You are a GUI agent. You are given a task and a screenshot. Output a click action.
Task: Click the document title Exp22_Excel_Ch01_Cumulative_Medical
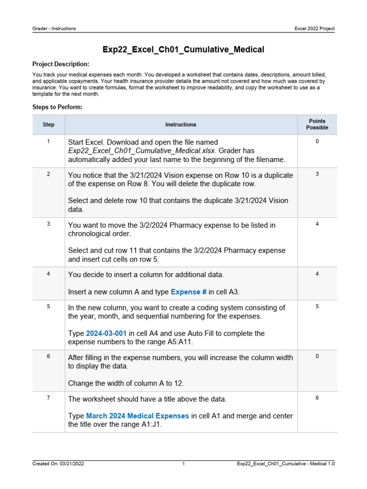pyautogui.click(x=183, y=49)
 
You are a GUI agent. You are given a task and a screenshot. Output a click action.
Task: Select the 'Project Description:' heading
pyautogui.click(x=61, y=64)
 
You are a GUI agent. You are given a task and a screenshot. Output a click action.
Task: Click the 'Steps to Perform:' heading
pyautogui.click(x=57, y=107)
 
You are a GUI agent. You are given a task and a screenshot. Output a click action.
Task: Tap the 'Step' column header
pyautogui.click(x=49, y=125)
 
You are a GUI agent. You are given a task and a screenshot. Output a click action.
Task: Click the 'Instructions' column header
pyautogui.click(x=181, y=125)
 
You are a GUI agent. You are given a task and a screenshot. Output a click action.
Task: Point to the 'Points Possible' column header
pyautogui.click(x=317, y=125)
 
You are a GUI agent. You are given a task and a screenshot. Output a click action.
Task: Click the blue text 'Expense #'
pyautogui.click(x=188, y=292)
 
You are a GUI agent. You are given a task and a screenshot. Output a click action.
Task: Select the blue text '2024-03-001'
pyautogui.click(x=106, y=333)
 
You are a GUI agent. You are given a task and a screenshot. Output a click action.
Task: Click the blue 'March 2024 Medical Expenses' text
pyautogui.click(x=137, y=416)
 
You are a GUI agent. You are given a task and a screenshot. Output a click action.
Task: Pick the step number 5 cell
pyautogui.click(x=49, y=307)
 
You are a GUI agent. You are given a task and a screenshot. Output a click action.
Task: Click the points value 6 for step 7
pyautogui.click(x=317, y=398)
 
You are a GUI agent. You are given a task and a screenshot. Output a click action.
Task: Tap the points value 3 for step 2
pyautogui.click(x=317, y=174)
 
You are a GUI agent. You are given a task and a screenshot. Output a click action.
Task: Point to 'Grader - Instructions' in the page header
pyautogui.click(x=54, y=29)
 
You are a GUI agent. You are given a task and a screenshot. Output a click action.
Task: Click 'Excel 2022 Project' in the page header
pyautogui.click(x=314, y=29)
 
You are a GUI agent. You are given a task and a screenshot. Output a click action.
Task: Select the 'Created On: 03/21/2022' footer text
pyautogui.click(x=58, y=464)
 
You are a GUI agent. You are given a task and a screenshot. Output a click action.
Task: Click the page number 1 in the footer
pyautogui.click(x=183, y=464)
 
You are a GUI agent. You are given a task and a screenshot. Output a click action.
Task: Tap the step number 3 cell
pyautogui.click(x=49, y=224)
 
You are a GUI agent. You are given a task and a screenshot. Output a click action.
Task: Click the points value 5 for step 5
pyautogui.click(x=317, y=307)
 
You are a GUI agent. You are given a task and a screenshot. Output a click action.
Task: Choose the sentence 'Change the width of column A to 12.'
pyautogui.click(x=126, y=383)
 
